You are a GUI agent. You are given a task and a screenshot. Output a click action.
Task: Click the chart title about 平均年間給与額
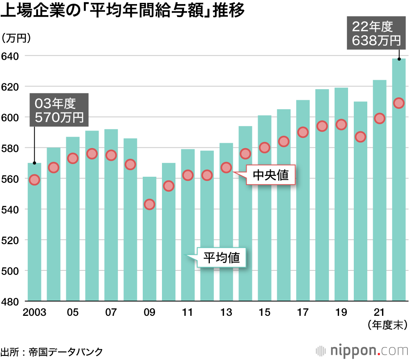(x=123, y=11)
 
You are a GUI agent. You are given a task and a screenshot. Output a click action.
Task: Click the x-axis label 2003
(x=34, y=313)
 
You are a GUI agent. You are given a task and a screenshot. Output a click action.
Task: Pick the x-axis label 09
(x=149, y=313)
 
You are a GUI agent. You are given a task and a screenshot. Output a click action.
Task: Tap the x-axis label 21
(x=380, y=313)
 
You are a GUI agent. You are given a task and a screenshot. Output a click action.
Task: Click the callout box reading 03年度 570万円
(x=58, y=110)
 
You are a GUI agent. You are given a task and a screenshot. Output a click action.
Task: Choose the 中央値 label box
(x=270, y=175)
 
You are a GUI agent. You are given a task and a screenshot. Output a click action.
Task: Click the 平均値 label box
(x=222, y=258)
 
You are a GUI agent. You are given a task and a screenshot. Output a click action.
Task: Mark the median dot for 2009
(x=149, y=205)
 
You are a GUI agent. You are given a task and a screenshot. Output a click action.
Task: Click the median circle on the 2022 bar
(x=399, y=103)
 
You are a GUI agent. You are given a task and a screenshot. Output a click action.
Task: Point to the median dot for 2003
(x=34, y=180)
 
